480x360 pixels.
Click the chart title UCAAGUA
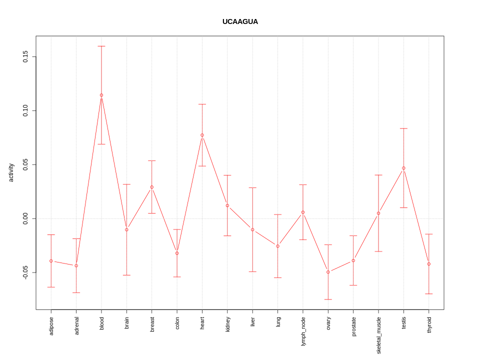[x=240, y=21]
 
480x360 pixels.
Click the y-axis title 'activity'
[x=11, y=172]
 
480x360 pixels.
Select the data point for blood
[x=101, y=95]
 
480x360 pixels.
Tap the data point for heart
[x=202, y=135]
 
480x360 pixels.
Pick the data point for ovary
[x=328, y=272]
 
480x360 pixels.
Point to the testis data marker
[x=403, y=168]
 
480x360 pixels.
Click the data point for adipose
[x=51, y=261]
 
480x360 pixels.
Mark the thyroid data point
[x=429, y=264]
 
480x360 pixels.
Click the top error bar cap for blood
[x=101, y=46]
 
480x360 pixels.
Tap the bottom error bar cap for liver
[x=252, y=271]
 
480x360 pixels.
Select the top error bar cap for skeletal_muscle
[x=378, y=175]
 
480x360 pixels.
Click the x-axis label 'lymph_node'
[x=303, y=330]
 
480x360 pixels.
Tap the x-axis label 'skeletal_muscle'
[x=378, y=335]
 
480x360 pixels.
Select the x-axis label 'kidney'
[x=227, y=324]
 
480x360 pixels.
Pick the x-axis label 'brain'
[x=126, y=322]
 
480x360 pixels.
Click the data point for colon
[x=177, y=253]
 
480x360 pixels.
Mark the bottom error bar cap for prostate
[x=353, y=285]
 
